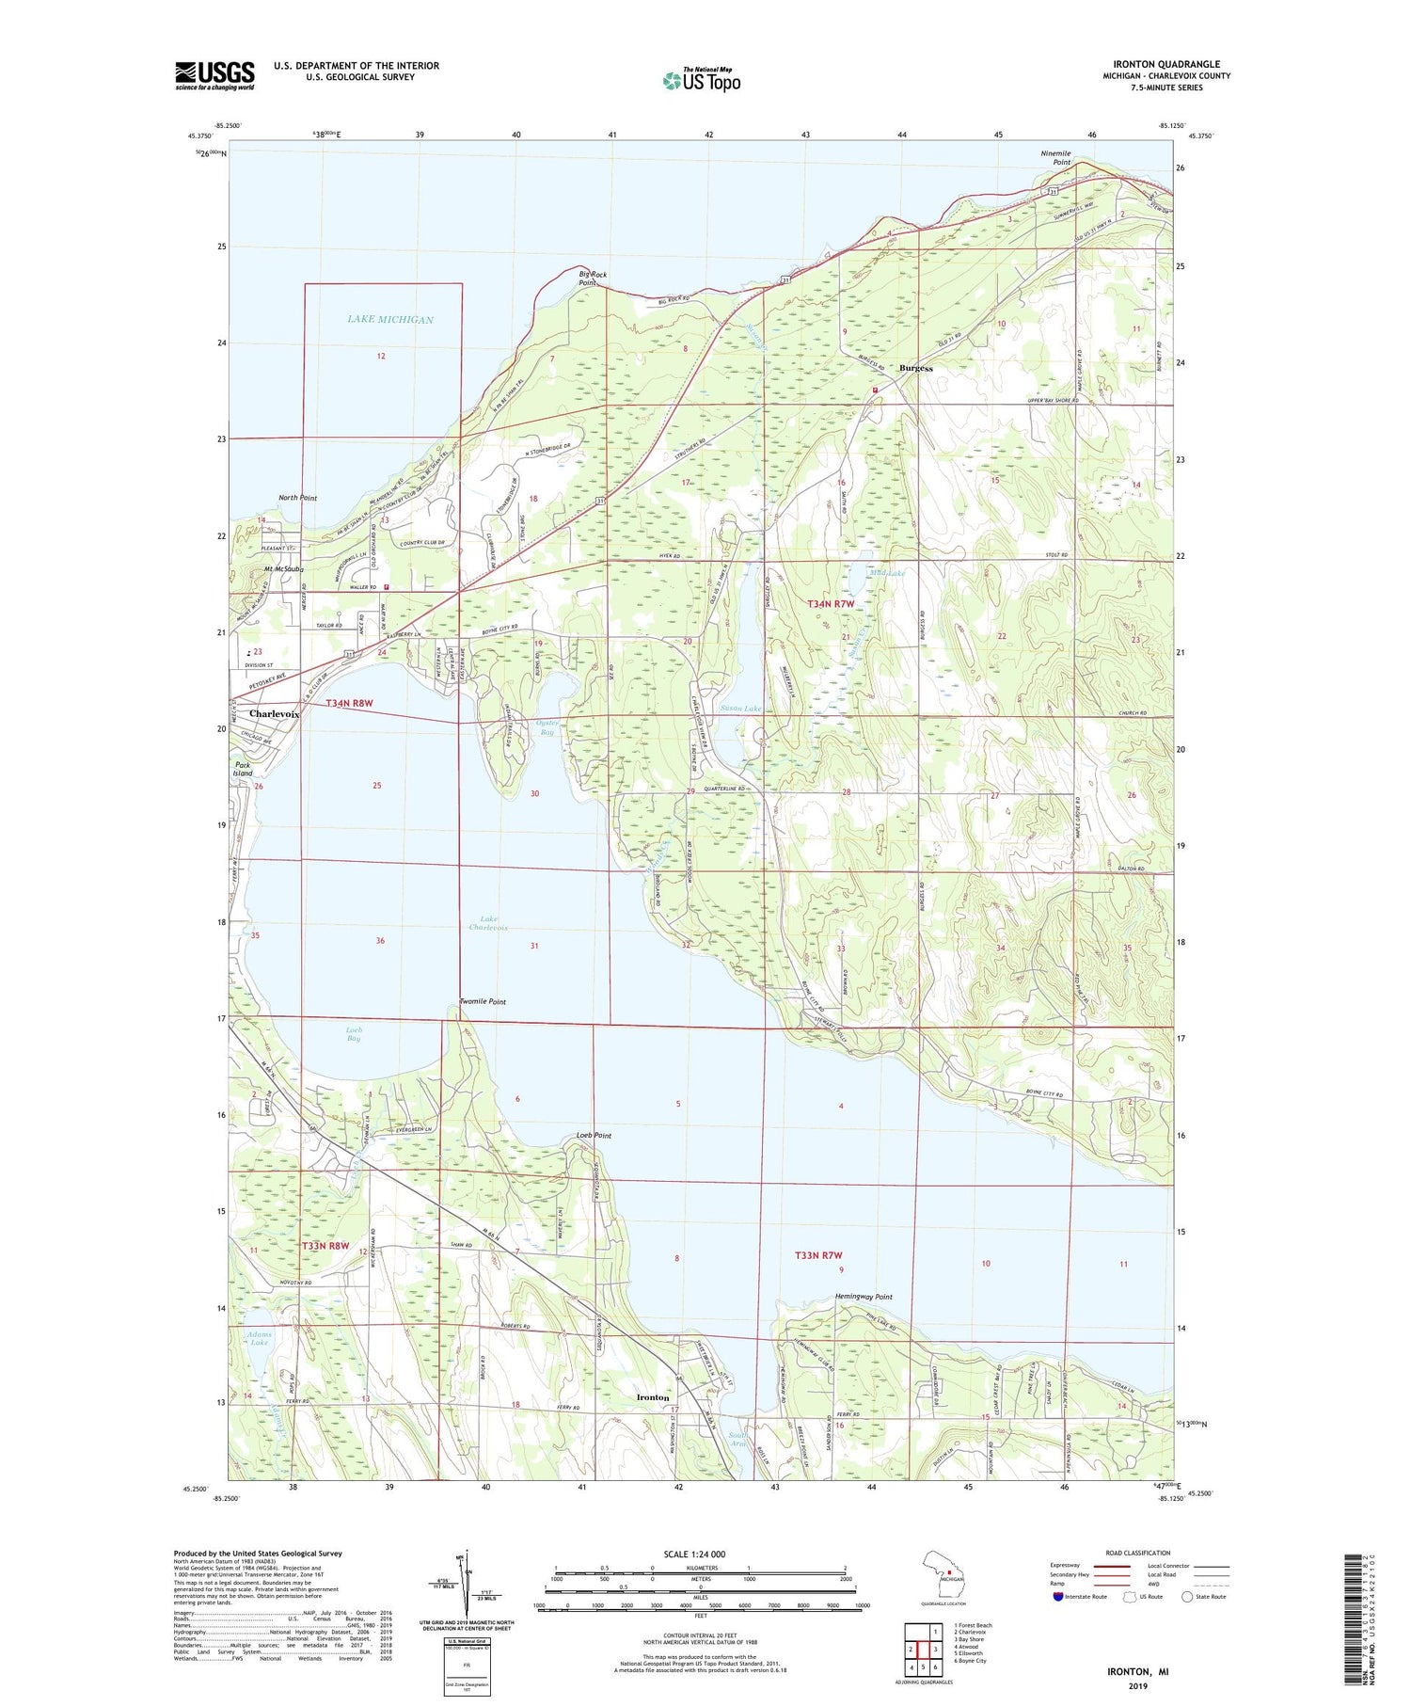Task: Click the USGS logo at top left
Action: coord(214,75)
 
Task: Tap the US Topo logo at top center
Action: coord(701,81)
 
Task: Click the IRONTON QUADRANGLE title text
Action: coord(1166,64)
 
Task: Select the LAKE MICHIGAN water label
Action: coord(390,320)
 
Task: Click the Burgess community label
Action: coord(915,368)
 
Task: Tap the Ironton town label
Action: coord(653,1397)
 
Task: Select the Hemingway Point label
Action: coord(864,1297)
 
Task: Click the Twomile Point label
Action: coord(483,1002)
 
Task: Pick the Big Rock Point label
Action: coord(593,279)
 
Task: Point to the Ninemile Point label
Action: coord(1055,158)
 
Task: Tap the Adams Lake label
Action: coord(259,1338)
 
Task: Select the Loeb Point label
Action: coord(594,1136)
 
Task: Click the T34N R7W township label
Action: coord(831,603)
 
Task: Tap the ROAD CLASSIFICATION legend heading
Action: coord(1138,1553)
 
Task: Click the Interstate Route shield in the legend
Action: coord(1058,1597)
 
